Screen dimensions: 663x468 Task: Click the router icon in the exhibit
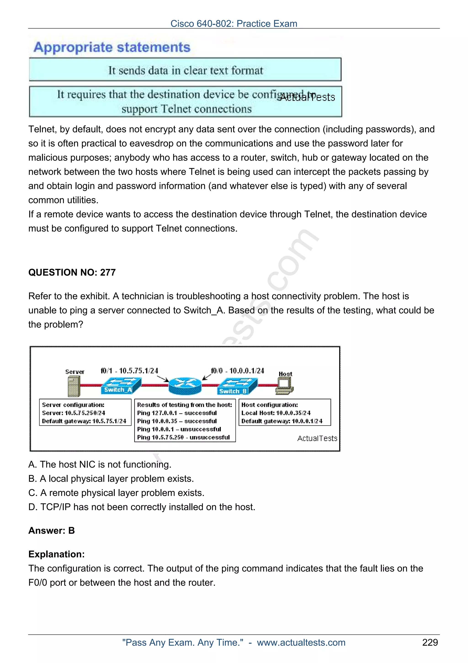tap(185, 386)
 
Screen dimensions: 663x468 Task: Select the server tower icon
tap(74, 386)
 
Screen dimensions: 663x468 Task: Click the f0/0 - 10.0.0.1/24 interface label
tap(237, 371)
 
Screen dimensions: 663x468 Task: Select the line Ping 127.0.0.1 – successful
tap(177, 413)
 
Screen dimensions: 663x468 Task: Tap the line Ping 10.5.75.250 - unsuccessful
tap(183, 437)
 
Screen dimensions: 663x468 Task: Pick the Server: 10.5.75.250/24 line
tap(74, 413)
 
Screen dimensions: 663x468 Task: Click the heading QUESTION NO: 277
tap(72, 272)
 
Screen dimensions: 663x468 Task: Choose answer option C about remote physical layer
tap(116, 493)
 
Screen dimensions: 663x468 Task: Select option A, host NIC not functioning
tap(100, 464)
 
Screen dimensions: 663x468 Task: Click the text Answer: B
tap(52, 531)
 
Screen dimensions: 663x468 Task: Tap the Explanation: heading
tap(56, 554)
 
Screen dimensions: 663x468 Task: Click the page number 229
tap(430, 642)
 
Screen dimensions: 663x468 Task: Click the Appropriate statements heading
tap(112, 47)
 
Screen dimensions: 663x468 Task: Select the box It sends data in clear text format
tap(185, 70)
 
